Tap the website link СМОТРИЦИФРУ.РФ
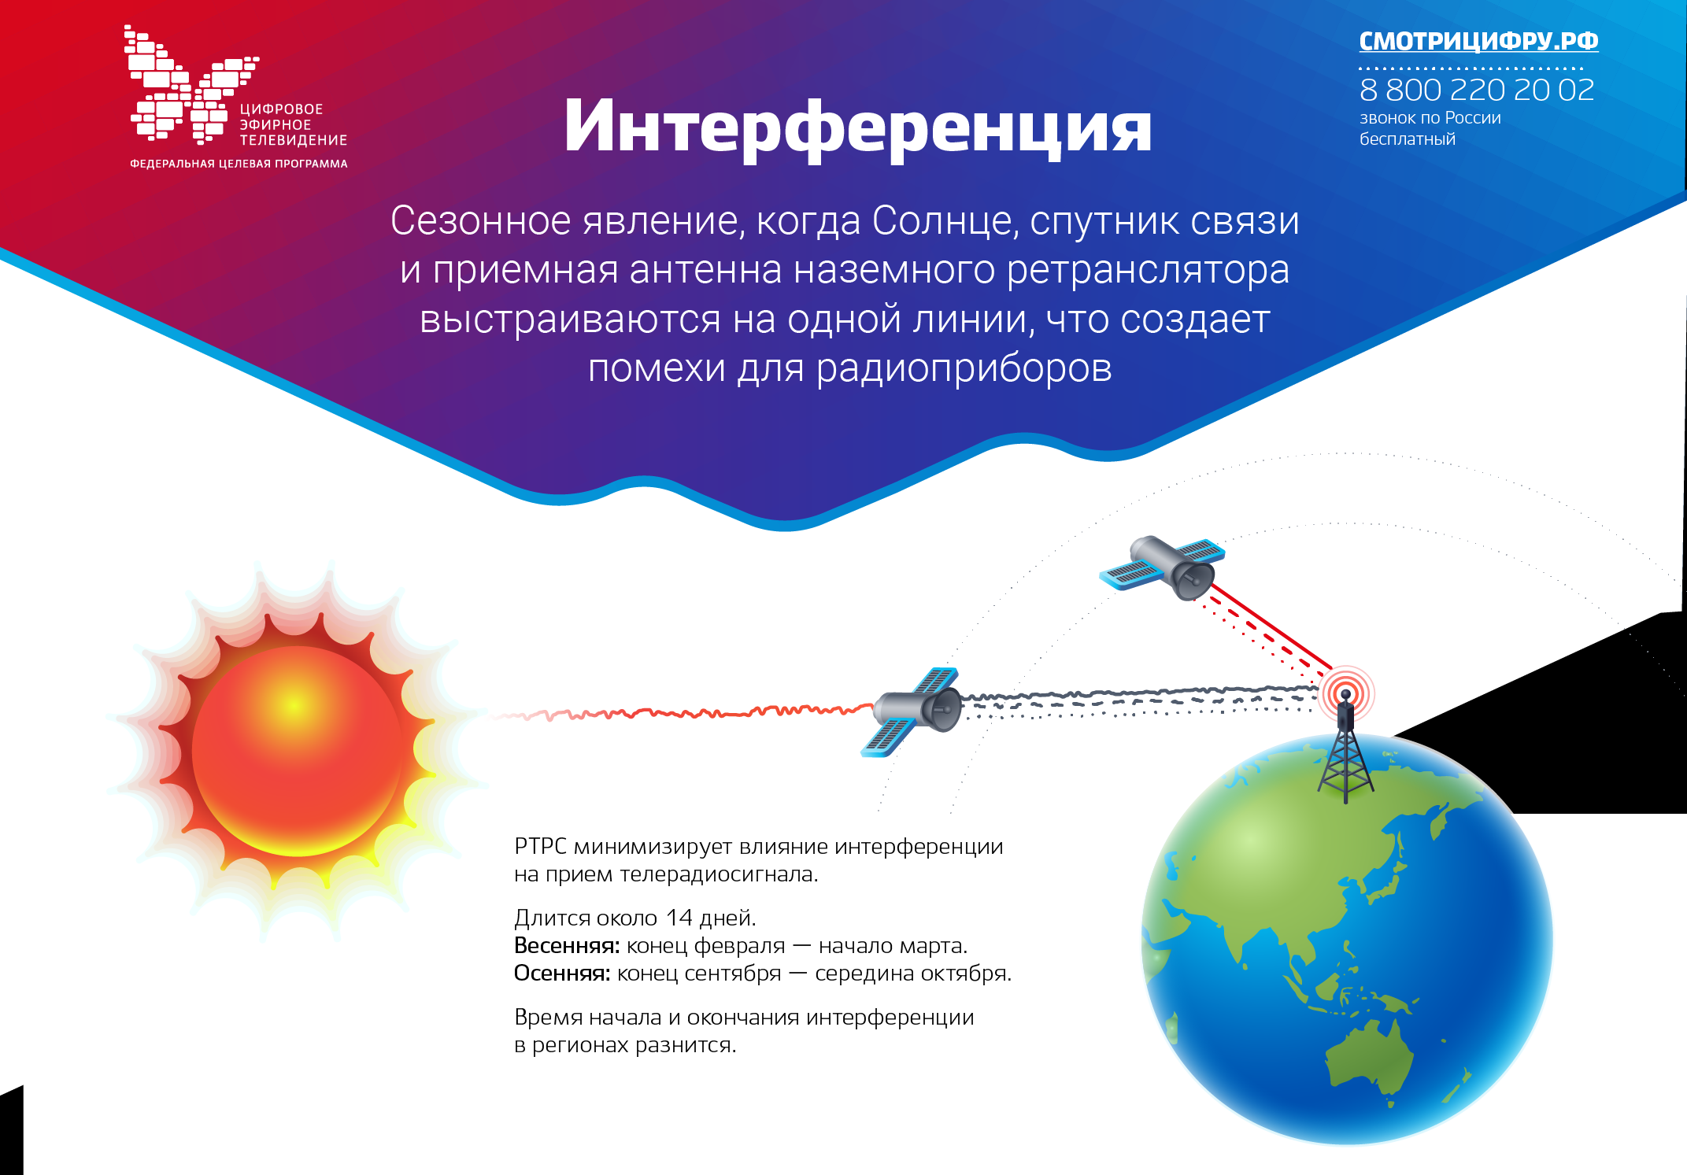(1478, 41)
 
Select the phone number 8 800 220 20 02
(1477, 90)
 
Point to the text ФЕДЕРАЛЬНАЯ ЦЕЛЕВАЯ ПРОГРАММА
(239, 164)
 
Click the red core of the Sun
(297, 751)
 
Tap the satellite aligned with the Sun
(913, 711)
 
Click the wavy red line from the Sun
(681, 713)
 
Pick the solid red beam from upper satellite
(1271, 626)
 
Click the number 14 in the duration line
(679, 918)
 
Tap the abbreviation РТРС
(540, 847)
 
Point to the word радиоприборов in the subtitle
(964, 369)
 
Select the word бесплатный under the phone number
(1408, 139)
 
